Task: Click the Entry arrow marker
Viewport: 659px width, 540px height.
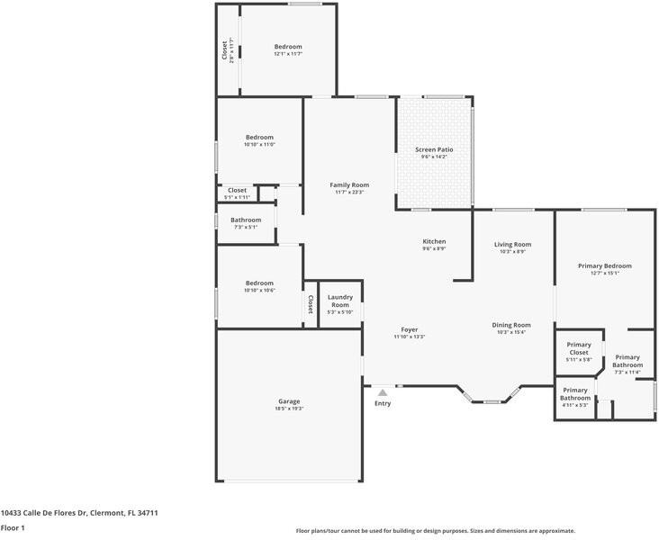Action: tap(383, 392)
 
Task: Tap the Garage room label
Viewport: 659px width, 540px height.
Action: tap(289, 401)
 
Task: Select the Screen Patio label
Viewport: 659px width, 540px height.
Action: tap(434, 149)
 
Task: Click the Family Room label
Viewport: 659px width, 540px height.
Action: tap(349, 184)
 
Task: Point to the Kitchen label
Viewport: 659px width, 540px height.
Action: tap(434, 241)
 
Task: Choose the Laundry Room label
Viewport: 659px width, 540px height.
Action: tap(339, 301)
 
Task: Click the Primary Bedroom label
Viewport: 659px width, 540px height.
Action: tap(604, 265)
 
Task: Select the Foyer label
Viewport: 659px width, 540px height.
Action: tap(410, 329)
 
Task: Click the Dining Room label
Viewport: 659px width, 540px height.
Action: tap(511, 325)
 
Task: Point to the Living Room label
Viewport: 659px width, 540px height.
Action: tap(513, 244)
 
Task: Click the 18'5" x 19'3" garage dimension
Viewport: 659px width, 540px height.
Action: tap(289, 409)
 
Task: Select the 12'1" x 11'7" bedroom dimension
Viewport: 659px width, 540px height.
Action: tap(288, 54)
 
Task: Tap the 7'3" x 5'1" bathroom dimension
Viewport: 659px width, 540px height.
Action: tap(246, 227)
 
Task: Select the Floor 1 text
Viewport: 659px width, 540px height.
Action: tap(13, 528)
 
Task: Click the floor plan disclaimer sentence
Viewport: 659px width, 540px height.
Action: tap(435, 531)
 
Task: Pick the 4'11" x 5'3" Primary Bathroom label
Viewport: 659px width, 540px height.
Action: tap(575, 397)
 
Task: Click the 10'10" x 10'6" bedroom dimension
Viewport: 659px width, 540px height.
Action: tap(259, 290)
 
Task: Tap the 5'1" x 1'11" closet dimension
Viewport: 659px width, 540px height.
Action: tap(237, 197)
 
